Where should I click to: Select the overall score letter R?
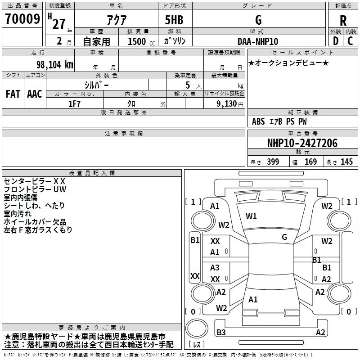pos(343,20)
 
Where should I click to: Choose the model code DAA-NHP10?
pos(258,41)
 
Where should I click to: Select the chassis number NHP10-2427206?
pos(302,143)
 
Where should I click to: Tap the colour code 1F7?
pos(74,103)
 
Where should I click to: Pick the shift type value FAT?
pos(13,94)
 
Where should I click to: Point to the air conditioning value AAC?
pos(35,94)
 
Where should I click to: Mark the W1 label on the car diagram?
pos(251,216)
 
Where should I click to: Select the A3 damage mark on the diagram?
pos(215,268)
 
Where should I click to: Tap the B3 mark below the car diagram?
pos(221,333)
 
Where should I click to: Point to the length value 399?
pos(273,162)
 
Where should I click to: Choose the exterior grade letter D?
pos(335,41)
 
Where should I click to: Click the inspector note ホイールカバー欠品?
pos(35,222)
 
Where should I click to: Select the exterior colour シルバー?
pos(96,85)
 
